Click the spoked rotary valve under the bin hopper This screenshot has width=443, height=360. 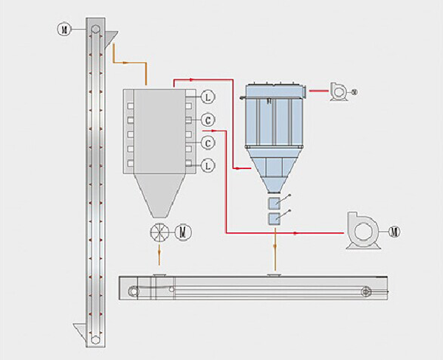coord(159,232)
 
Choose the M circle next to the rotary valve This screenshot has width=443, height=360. coord(185,232)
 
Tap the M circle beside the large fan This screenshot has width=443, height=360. coord(395,232)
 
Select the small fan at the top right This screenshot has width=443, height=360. coord(339,90)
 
